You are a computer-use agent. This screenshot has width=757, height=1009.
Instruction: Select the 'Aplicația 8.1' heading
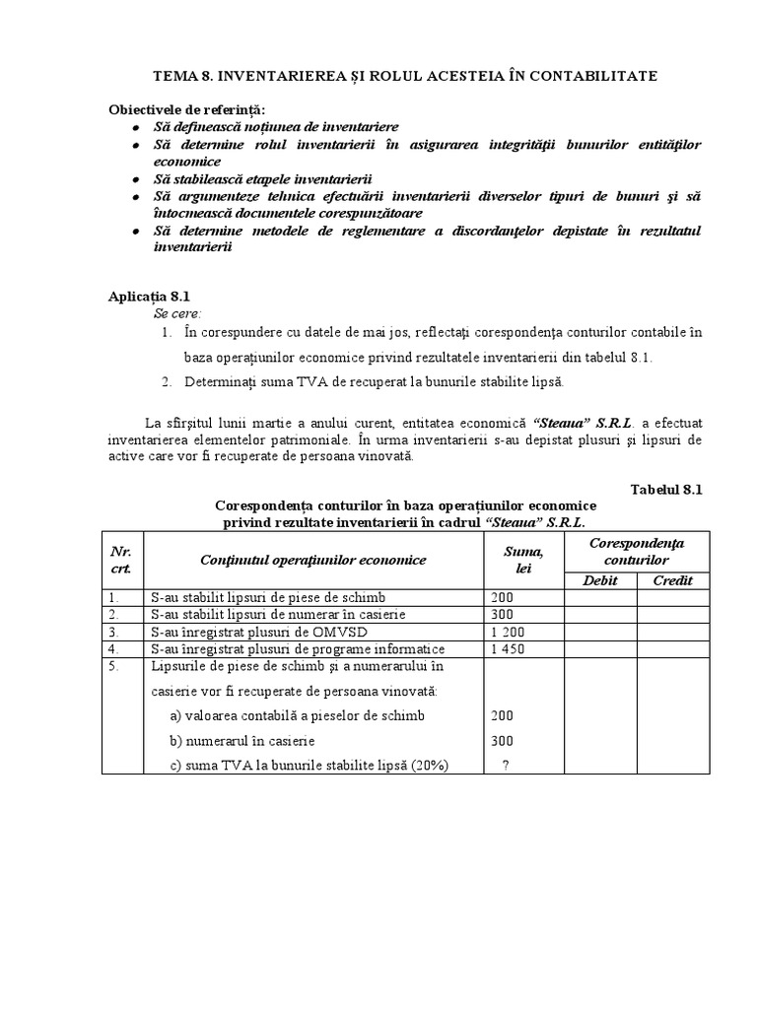(147, 296)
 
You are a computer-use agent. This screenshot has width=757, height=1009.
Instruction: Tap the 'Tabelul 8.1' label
(665, 489)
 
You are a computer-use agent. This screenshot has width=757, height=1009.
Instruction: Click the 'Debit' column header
(599, 580)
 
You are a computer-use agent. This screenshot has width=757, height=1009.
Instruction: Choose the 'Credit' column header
(672, 580)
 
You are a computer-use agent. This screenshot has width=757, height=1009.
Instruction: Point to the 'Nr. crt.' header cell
(122, 560)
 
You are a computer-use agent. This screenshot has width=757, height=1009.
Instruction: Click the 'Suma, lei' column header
(522, 560)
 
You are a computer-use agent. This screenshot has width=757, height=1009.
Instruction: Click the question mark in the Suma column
(505, 765)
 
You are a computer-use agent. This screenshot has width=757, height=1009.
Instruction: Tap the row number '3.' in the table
(114, 632)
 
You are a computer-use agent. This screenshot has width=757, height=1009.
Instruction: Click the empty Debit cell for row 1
(599, 597)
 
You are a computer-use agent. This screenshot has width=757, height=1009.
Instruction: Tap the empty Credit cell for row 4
(672, 649)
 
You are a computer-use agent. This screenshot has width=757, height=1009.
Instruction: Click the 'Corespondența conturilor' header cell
(636, 551)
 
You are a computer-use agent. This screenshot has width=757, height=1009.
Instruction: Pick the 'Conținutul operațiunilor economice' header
(312, 560)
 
